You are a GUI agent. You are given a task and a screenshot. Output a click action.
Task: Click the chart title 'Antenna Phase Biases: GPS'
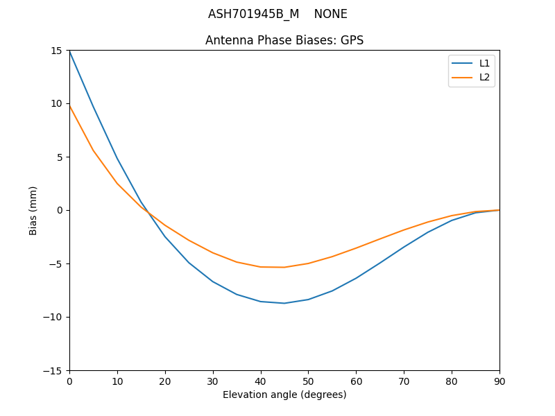point(284,40)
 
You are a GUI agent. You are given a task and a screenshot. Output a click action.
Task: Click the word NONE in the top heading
point(330,14)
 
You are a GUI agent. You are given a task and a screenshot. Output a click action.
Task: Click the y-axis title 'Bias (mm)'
point(33,210)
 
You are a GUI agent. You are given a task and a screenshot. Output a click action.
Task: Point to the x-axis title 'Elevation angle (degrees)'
point(284,395)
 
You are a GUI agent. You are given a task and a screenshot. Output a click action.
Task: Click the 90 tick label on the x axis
point(499,381)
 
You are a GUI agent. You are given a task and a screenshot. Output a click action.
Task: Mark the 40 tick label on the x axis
point(260,381)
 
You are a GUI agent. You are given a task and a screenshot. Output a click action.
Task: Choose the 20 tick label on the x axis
point(165,381)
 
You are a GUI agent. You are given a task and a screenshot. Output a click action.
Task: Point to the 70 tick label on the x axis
point(404,381)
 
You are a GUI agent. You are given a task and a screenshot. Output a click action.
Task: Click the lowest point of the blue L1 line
point(284,303)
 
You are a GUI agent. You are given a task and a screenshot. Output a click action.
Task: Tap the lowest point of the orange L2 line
point(284,267)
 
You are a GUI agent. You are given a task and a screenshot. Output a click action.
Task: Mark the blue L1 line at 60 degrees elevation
point(356,278)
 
